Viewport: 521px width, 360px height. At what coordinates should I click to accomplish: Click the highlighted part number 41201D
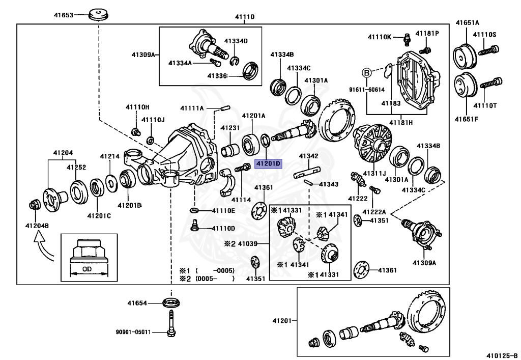[267, 163]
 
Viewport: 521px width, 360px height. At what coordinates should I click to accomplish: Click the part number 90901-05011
[133, 333]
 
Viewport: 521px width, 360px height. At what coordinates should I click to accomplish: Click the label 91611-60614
[367, 89]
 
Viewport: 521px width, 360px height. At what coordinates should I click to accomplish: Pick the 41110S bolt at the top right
[490, 50]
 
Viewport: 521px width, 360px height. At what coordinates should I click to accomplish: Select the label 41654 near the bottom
[137, 303]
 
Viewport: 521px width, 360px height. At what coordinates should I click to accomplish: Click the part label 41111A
[192, 108]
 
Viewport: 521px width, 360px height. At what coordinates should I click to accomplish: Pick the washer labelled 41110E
[194, 210]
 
